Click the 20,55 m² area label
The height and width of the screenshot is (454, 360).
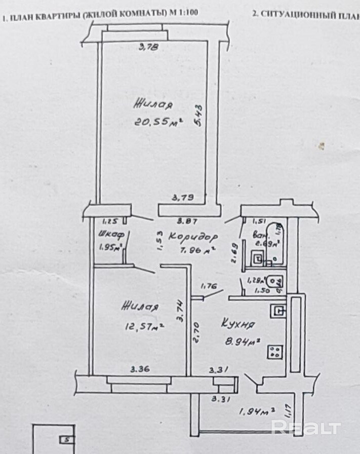pos(158,122)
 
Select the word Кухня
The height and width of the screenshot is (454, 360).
pos(237,324)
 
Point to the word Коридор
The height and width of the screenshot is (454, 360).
pos(193,237)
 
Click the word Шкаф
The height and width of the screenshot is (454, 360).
pos(108,235)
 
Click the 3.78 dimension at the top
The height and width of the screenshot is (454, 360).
pos(149,48)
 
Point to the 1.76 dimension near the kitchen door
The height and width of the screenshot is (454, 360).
pos(208,286)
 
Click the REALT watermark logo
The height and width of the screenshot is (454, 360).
pos(306,427)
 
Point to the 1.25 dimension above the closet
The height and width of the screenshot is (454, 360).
pos(110,221)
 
